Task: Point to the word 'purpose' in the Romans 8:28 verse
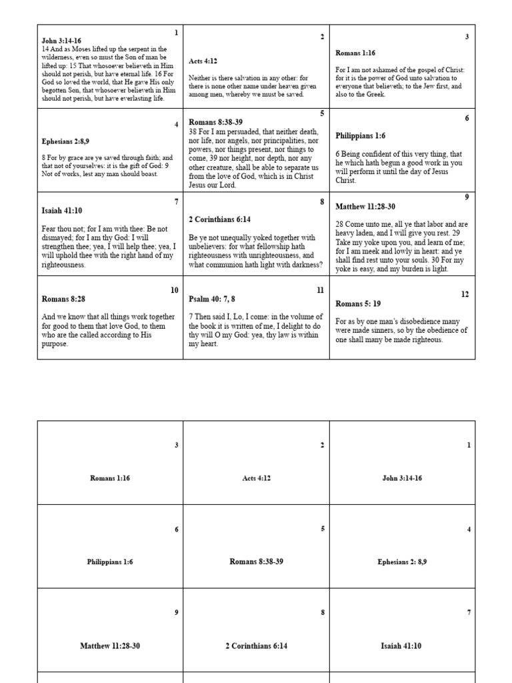pos(54,344)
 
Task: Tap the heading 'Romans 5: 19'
pos(358,303)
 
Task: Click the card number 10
pos(174,290)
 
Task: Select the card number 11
pos(320,290)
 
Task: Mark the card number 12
pos(465,294)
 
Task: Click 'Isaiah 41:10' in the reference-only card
pos(401,646)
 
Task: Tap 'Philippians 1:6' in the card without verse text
pos(110,562)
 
